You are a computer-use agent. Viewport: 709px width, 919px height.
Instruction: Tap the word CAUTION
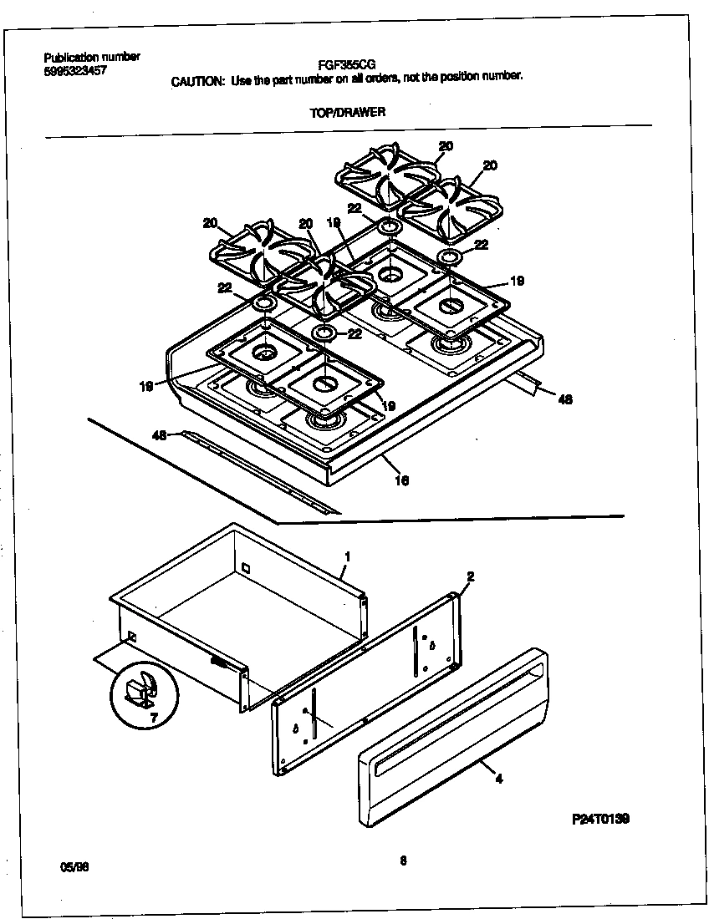point(197,80)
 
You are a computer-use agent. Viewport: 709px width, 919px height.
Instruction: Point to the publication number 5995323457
point(75,71)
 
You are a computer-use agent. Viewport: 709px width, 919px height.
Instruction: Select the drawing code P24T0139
point(600,819)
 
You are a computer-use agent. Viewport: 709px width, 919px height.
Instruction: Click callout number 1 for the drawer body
point(347,556)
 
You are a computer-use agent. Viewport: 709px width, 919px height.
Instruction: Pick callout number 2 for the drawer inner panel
point(471,576)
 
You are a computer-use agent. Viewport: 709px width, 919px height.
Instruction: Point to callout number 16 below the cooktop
point(402,480)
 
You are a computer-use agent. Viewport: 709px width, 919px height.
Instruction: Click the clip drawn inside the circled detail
point(138,689)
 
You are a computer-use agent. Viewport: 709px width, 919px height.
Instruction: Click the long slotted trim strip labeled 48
point(259,471)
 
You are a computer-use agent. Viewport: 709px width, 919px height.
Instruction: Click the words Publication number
point(92,57)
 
